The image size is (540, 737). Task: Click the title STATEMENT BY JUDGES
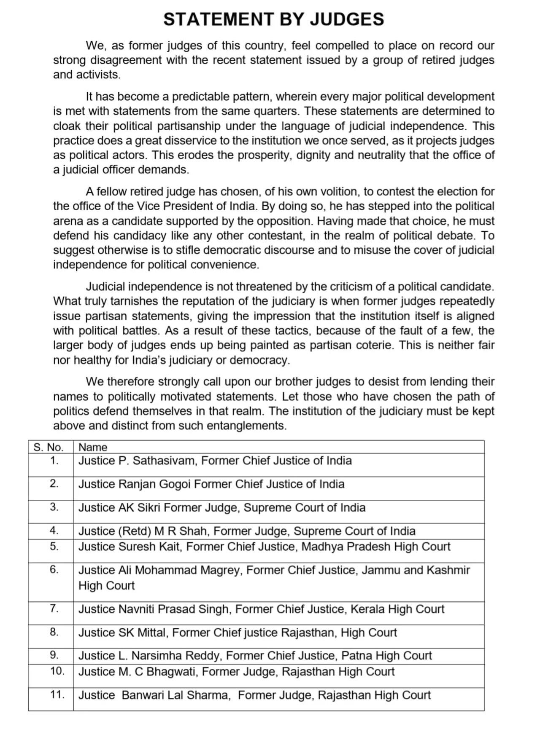coord(273,19)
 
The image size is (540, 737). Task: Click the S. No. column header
coord(48,447)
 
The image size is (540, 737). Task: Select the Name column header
coord(93,447)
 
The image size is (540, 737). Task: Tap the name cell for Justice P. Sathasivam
coord(215,461)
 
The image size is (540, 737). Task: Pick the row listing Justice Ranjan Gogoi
coord(211,484)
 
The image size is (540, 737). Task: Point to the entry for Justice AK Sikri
coord(222,507)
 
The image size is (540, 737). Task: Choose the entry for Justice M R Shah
coord(247,531)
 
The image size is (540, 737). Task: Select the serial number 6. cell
coord(54,570)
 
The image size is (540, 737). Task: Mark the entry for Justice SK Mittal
coord(238,632)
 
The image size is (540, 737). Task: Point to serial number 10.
coord(57,671)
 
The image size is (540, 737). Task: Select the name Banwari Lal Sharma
coord(175,695)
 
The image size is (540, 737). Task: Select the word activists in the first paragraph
coord(98,75)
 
